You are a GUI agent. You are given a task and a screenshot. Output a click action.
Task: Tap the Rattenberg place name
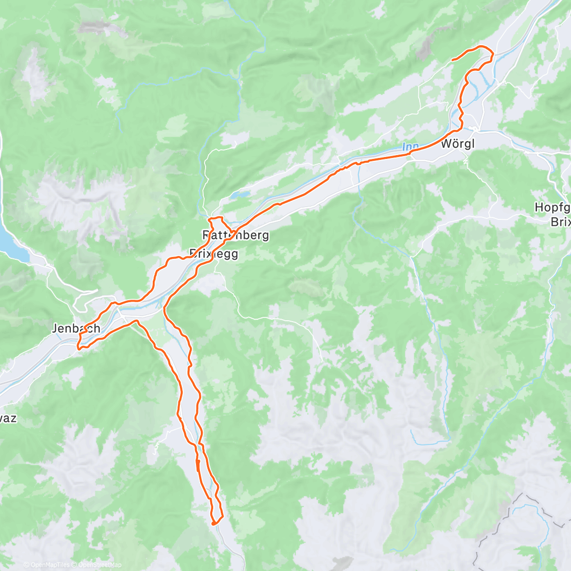coord(236,235)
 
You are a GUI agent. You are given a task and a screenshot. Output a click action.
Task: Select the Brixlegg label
coord(213,254)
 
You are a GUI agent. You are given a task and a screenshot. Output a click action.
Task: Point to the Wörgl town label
coord(458,144)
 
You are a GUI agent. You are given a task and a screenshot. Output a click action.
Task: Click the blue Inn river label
coord(410,147)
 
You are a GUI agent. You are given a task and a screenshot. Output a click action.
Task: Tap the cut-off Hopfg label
coord(552,207)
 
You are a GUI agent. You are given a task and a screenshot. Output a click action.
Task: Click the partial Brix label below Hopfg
coord(560,222)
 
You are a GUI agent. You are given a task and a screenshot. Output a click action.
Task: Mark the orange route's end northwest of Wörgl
coord(452,60)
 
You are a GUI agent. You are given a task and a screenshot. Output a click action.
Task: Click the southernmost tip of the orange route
coord(215,523)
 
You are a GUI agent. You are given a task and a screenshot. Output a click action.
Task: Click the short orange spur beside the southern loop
coord(197,465)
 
